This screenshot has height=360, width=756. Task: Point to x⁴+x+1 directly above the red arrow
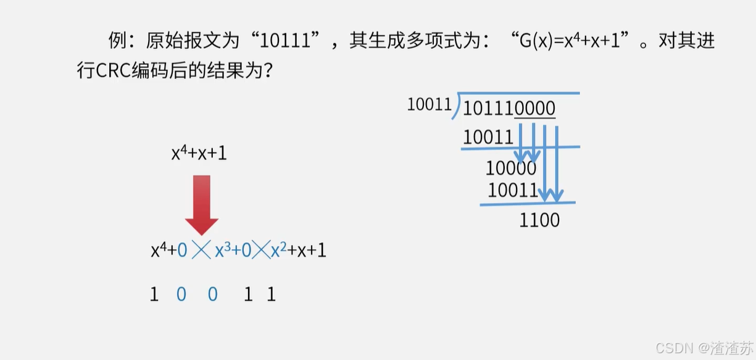point(199,153)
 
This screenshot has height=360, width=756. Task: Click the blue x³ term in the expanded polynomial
point(222,250)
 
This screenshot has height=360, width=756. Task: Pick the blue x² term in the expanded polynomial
point(280,250)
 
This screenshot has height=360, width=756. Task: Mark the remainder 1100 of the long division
point(539,220)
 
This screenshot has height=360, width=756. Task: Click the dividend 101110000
point(509,108)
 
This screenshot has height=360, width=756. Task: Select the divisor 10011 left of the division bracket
point(430,104)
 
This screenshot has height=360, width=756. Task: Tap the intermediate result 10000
point(511,167)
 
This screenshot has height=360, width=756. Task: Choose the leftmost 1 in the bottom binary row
point(154,295)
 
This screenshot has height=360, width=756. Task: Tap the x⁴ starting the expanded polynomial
point(159,250)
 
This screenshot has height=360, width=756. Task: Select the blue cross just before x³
point(201,250)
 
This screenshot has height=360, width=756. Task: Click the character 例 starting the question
point(117,41)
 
